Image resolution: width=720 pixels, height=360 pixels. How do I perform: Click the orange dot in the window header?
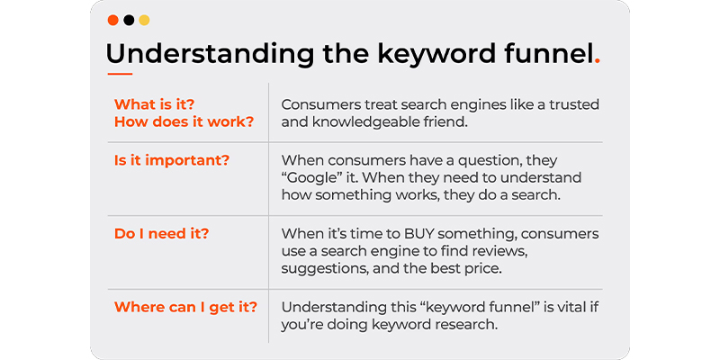[113, 20]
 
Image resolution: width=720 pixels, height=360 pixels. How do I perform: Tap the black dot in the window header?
[129, 20]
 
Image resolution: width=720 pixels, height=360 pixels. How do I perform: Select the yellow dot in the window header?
[144, 20]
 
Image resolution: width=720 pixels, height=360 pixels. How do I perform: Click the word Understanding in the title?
[210, 55]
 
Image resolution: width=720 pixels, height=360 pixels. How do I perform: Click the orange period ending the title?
[596, 61]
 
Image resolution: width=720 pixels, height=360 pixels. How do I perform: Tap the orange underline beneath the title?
[120, 74]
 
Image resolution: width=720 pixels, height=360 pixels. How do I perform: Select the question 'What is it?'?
[154, 104]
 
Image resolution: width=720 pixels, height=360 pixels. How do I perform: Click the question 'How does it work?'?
[184, 122]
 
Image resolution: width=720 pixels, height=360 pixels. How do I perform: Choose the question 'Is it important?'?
[171, 161]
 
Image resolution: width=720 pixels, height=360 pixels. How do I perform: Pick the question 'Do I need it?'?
[162, 234]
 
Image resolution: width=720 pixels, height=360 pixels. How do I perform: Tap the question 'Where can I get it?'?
[185, 307]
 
